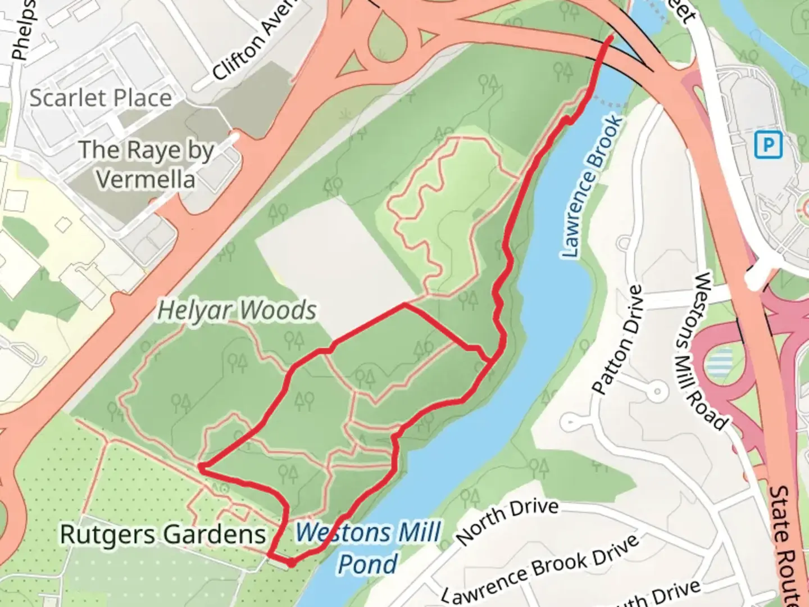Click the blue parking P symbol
(x=768, y=146)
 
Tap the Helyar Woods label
(x=237, y=310)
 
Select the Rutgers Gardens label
(x=163, y=534)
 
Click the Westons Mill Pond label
(x=369, y=547)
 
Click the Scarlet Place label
(x=101, y=98)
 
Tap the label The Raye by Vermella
(x=146, y=164)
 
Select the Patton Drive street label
(x=617, y=339)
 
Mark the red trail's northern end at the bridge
(x=611, y=38)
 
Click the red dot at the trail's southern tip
(x=291, y=562)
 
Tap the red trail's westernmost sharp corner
(x=201, y=466)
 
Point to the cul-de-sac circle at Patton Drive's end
(x=656, y=391)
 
